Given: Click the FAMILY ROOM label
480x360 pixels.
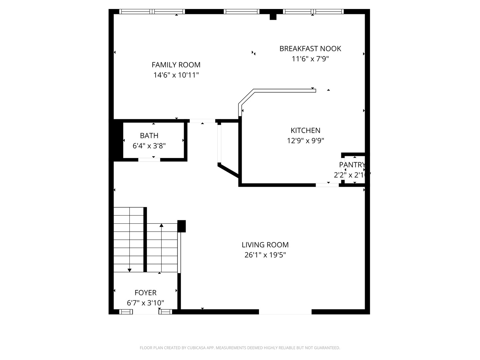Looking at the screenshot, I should click(176, 65).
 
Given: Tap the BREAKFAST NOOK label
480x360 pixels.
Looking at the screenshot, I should click(310, 49).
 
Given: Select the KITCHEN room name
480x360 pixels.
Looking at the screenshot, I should click(305, 130).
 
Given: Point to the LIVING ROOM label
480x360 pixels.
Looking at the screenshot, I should click(265, 245).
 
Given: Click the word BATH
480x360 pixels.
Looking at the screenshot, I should click(149, 135).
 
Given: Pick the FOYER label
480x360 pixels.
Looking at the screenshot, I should click(145, 293).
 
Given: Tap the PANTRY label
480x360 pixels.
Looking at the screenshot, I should click(352, 165).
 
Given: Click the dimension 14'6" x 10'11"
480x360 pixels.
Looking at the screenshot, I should click(176, 75).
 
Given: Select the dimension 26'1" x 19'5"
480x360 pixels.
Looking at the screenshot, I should click(265, 255).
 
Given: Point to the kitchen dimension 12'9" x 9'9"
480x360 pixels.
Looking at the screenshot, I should click(305, 141).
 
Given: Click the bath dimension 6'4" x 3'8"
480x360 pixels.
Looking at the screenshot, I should click(149, 146).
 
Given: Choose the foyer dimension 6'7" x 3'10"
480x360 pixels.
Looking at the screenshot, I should click(145, 303).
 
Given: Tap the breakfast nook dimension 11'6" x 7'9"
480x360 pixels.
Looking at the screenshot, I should click(310, 59).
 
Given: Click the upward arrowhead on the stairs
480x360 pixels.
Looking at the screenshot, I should click(161, 226).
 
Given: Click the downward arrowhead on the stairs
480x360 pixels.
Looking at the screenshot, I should click(130, 270).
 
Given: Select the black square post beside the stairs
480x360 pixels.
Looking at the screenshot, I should click(181, 226).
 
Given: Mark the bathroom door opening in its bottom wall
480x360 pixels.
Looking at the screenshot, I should click(149, 160).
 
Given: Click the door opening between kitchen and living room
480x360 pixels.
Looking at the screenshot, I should click(327, 185).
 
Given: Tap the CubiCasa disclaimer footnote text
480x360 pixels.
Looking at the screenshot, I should click(240, 348).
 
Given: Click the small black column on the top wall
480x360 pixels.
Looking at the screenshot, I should click(273, 16).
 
